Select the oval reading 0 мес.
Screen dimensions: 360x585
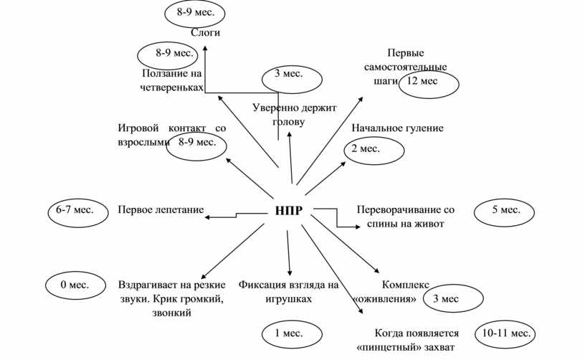point(73,285)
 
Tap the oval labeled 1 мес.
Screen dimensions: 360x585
point(288,333)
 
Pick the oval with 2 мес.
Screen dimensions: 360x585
point(374,149)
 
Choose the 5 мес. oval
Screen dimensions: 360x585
point(506,210)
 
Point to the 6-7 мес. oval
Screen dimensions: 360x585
point(75,210)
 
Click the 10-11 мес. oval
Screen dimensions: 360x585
point(506,334)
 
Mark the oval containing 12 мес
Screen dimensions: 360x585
point(429,83)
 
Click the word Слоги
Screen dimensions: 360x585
point(205,33)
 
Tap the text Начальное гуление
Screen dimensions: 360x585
point(397,128)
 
